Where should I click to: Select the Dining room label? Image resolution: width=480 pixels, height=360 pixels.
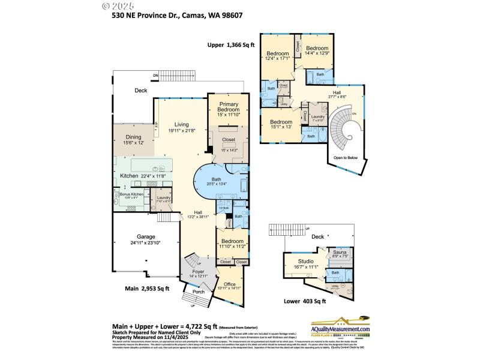point(133,137)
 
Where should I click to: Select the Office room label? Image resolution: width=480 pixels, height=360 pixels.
point(230,284)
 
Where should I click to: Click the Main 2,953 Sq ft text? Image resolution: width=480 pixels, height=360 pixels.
point(147,289)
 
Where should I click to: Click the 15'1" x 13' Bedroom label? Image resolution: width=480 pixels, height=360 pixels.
point(277,122)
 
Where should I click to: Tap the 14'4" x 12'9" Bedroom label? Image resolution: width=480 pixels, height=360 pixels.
point(316,49)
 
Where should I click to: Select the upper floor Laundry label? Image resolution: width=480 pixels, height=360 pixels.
point(318,117)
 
